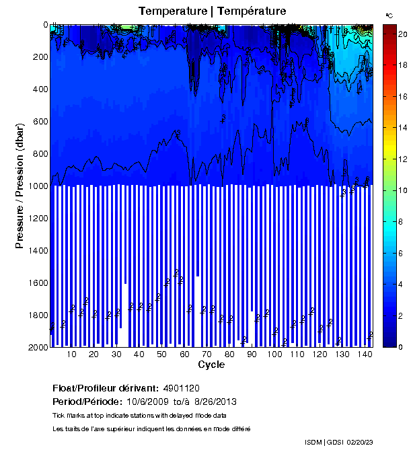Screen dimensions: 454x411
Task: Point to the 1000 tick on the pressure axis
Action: [x=36, y=186]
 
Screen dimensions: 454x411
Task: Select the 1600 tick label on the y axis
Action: [x=36, y=283]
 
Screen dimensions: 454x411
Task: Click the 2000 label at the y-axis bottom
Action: [x=36, y=348]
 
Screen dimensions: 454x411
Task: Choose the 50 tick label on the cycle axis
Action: [x=161, y=354]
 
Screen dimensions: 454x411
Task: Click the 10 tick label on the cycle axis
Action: [x=71, y=354]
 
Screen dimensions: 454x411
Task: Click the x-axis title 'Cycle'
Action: [x=211, y=365]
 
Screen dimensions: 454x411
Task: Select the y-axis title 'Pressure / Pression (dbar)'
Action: [x=20, y=186]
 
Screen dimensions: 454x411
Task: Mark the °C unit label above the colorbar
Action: [x=389, y=15]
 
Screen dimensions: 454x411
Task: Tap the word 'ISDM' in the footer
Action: [x=313, y=442]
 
